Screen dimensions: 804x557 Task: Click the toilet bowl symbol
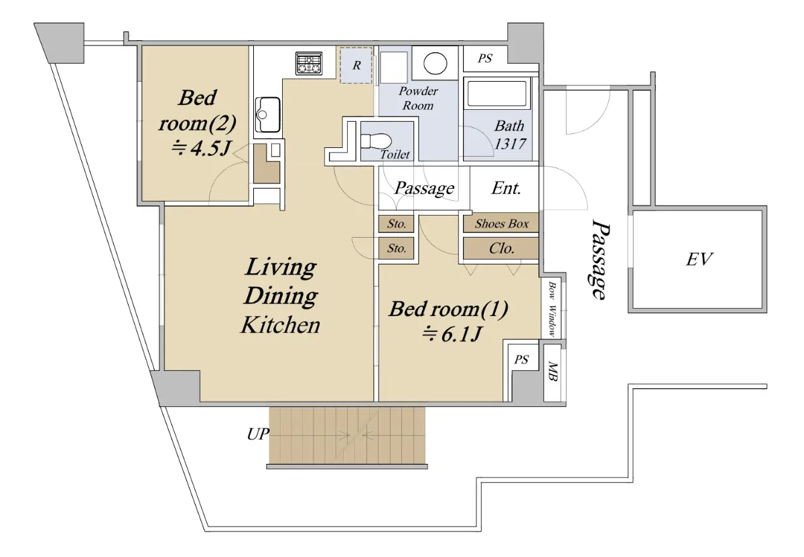375,141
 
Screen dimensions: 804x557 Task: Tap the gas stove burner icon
309,64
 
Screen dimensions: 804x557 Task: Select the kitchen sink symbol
268,114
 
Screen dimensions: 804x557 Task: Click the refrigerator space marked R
356,66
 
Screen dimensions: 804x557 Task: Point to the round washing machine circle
435,64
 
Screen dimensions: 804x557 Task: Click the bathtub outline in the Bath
497,93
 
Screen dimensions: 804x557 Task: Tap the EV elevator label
699,260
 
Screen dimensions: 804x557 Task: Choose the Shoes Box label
501,224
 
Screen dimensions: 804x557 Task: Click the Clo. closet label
501,248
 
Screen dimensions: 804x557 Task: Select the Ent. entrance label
506,188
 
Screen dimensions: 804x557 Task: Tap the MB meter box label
553,372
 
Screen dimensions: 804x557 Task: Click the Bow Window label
552,310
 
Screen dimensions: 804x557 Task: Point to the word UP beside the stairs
258,434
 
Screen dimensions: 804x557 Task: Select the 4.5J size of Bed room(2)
201,148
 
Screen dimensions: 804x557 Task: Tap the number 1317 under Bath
510,144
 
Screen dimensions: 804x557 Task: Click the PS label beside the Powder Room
485,58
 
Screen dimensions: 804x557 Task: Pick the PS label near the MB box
521,360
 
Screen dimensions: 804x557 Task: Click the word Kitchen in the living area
280,325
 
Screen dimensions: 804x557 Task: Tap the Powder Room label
418,98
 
